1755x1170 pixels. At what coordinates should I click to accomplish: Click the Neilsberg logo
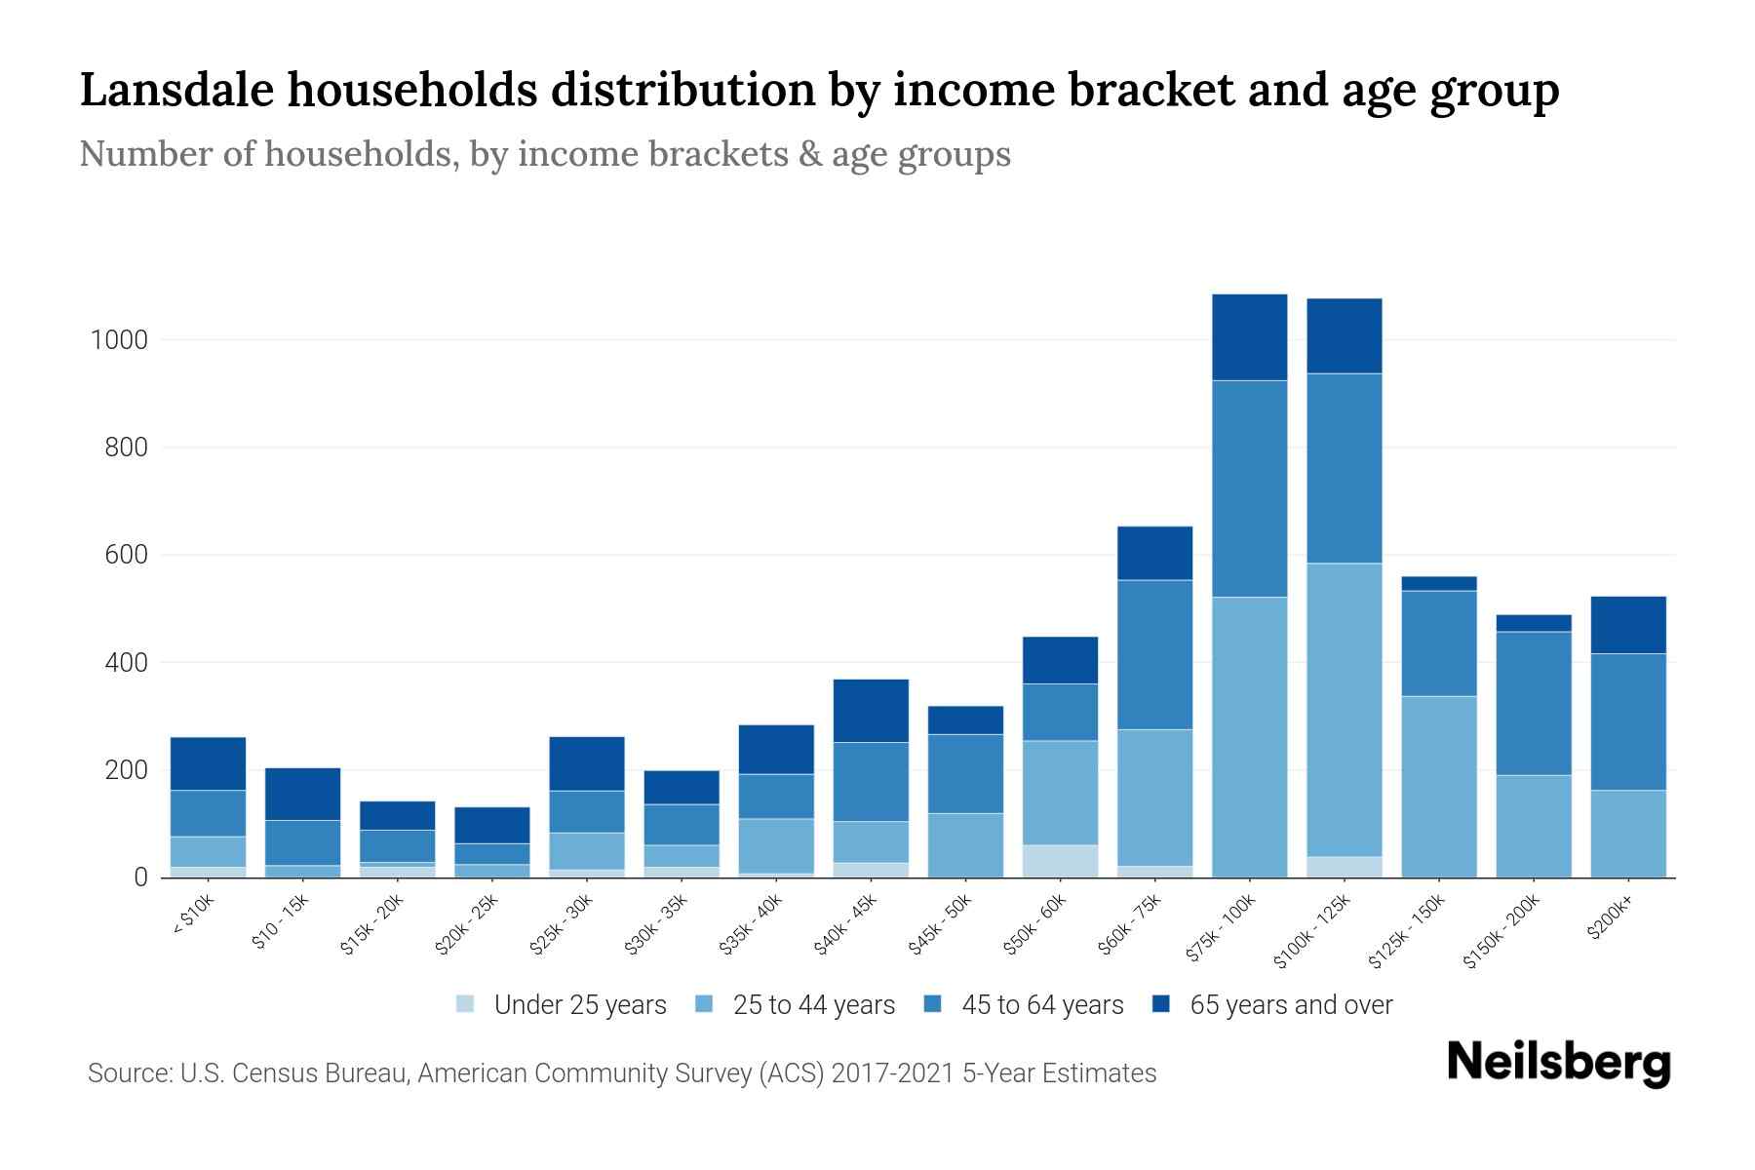coord(1558,1063)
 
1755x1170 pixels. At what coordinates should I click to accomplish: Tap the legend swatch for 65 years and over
coord(1161,1004)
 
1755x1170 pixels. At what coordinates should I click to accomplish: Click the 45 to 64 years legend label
coord(1041,1005)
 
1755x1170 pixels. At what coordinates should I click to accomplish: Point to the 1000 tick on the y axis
coord(119,340)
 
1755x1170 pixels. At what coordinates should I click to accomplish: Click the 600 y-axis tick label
coord(127,555)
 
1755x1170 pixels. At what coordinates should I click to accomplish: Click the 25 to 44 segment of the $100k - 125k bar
coord(1344,710)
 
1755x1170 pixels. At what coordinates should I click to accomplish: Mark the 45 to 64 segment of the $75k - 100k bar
coord(1249,488)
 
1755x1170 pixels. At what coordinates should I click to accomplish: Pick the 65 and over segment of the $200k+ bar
coord(1627,625)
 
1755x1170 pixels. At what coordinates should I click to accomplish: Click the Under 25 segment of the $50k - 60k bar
coord(1060,861)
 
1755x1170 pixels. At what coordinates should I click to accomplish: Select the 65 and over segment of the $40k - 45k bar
coord(871,711)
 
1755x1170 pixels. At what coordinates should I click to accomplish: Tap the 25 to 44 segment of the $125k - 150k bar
coord(1438,786)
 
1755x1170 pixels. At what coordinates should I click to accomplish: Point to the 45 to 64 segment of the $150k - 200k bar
coord(1533,704)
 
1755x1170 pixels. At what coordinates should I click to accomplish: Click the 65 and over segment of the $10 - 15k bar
coord(302,794)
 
